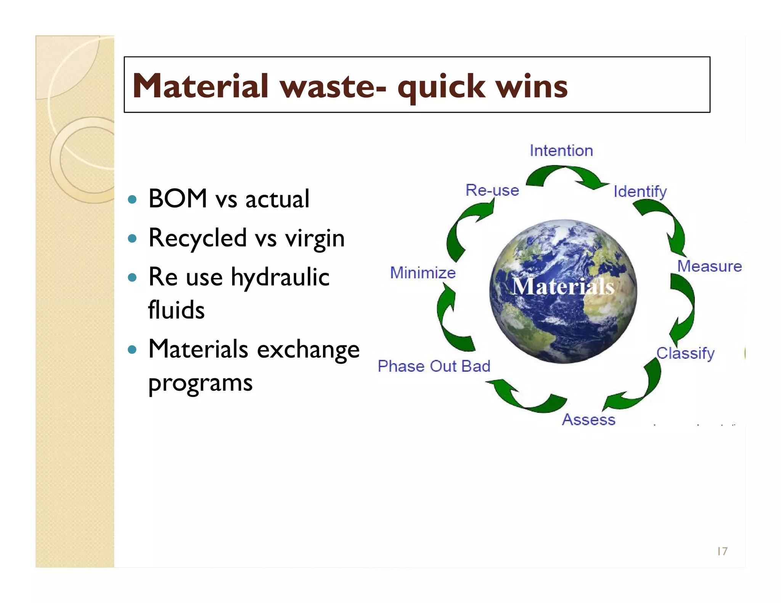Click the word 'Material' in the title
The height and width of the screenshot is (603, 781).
[x=201, y=86]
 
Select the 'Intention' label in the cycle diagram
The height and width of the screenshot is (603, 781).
[x=561, y=151]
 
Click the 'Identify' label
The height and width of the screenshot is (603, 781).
[x=640, y=191]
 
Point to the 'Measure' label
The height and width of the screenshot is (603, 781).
[x=709, y=266]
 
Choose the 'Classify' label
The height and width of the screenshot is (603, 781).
[x=685, y=353]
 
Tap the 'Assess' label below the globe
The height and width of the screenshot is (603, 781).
[x=589, y=420]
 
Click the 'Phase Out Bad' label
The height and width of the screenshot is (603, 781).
[x=434, y=366]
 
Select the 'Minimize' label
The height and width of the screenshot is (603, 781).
[x=423, y=273]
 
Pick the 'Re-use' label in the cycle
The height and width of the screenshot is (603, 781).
[x=492, y=190]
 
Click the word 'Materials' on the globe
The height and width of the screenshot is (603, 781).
[x=563, y=287]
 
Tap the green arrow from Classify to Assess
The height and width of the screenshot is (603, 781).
[x=641, y=393]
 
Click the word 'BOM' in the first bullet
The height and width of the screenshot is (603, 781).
[x=178, y=199]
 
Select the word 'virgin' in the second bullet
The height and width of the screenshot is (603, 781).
[x=315, y=238]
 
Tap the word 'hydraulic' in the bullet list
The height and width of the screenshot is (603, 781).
[x=280, y=277]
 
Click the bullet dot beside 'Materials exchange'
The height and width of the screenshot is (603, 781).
[x=132, y=349]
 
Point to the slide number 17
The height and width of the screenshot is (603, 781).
[x=722, y=551]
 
